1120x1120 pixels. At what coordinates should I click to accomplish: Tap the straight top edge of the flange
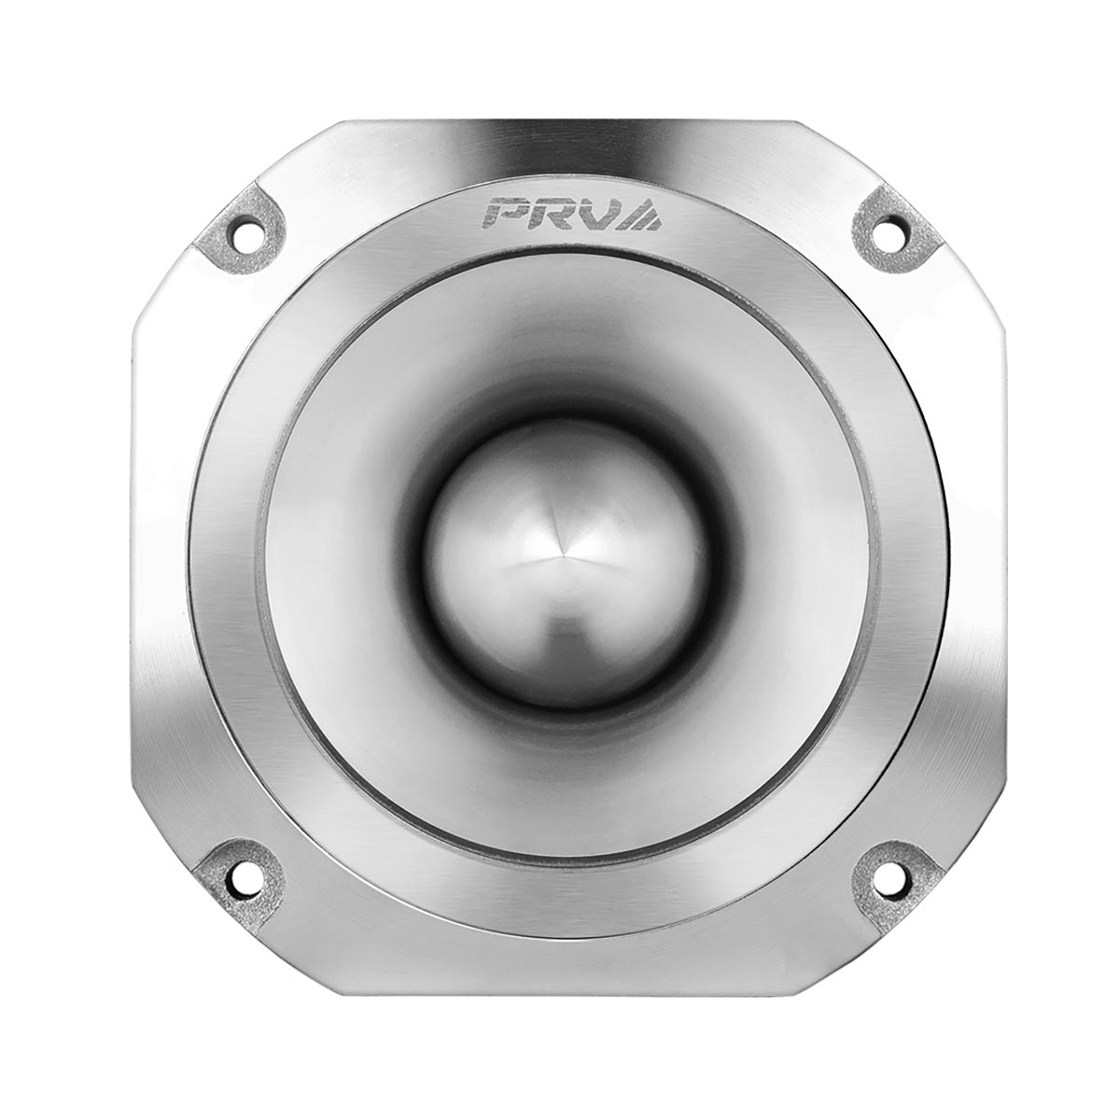[560, 122]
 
